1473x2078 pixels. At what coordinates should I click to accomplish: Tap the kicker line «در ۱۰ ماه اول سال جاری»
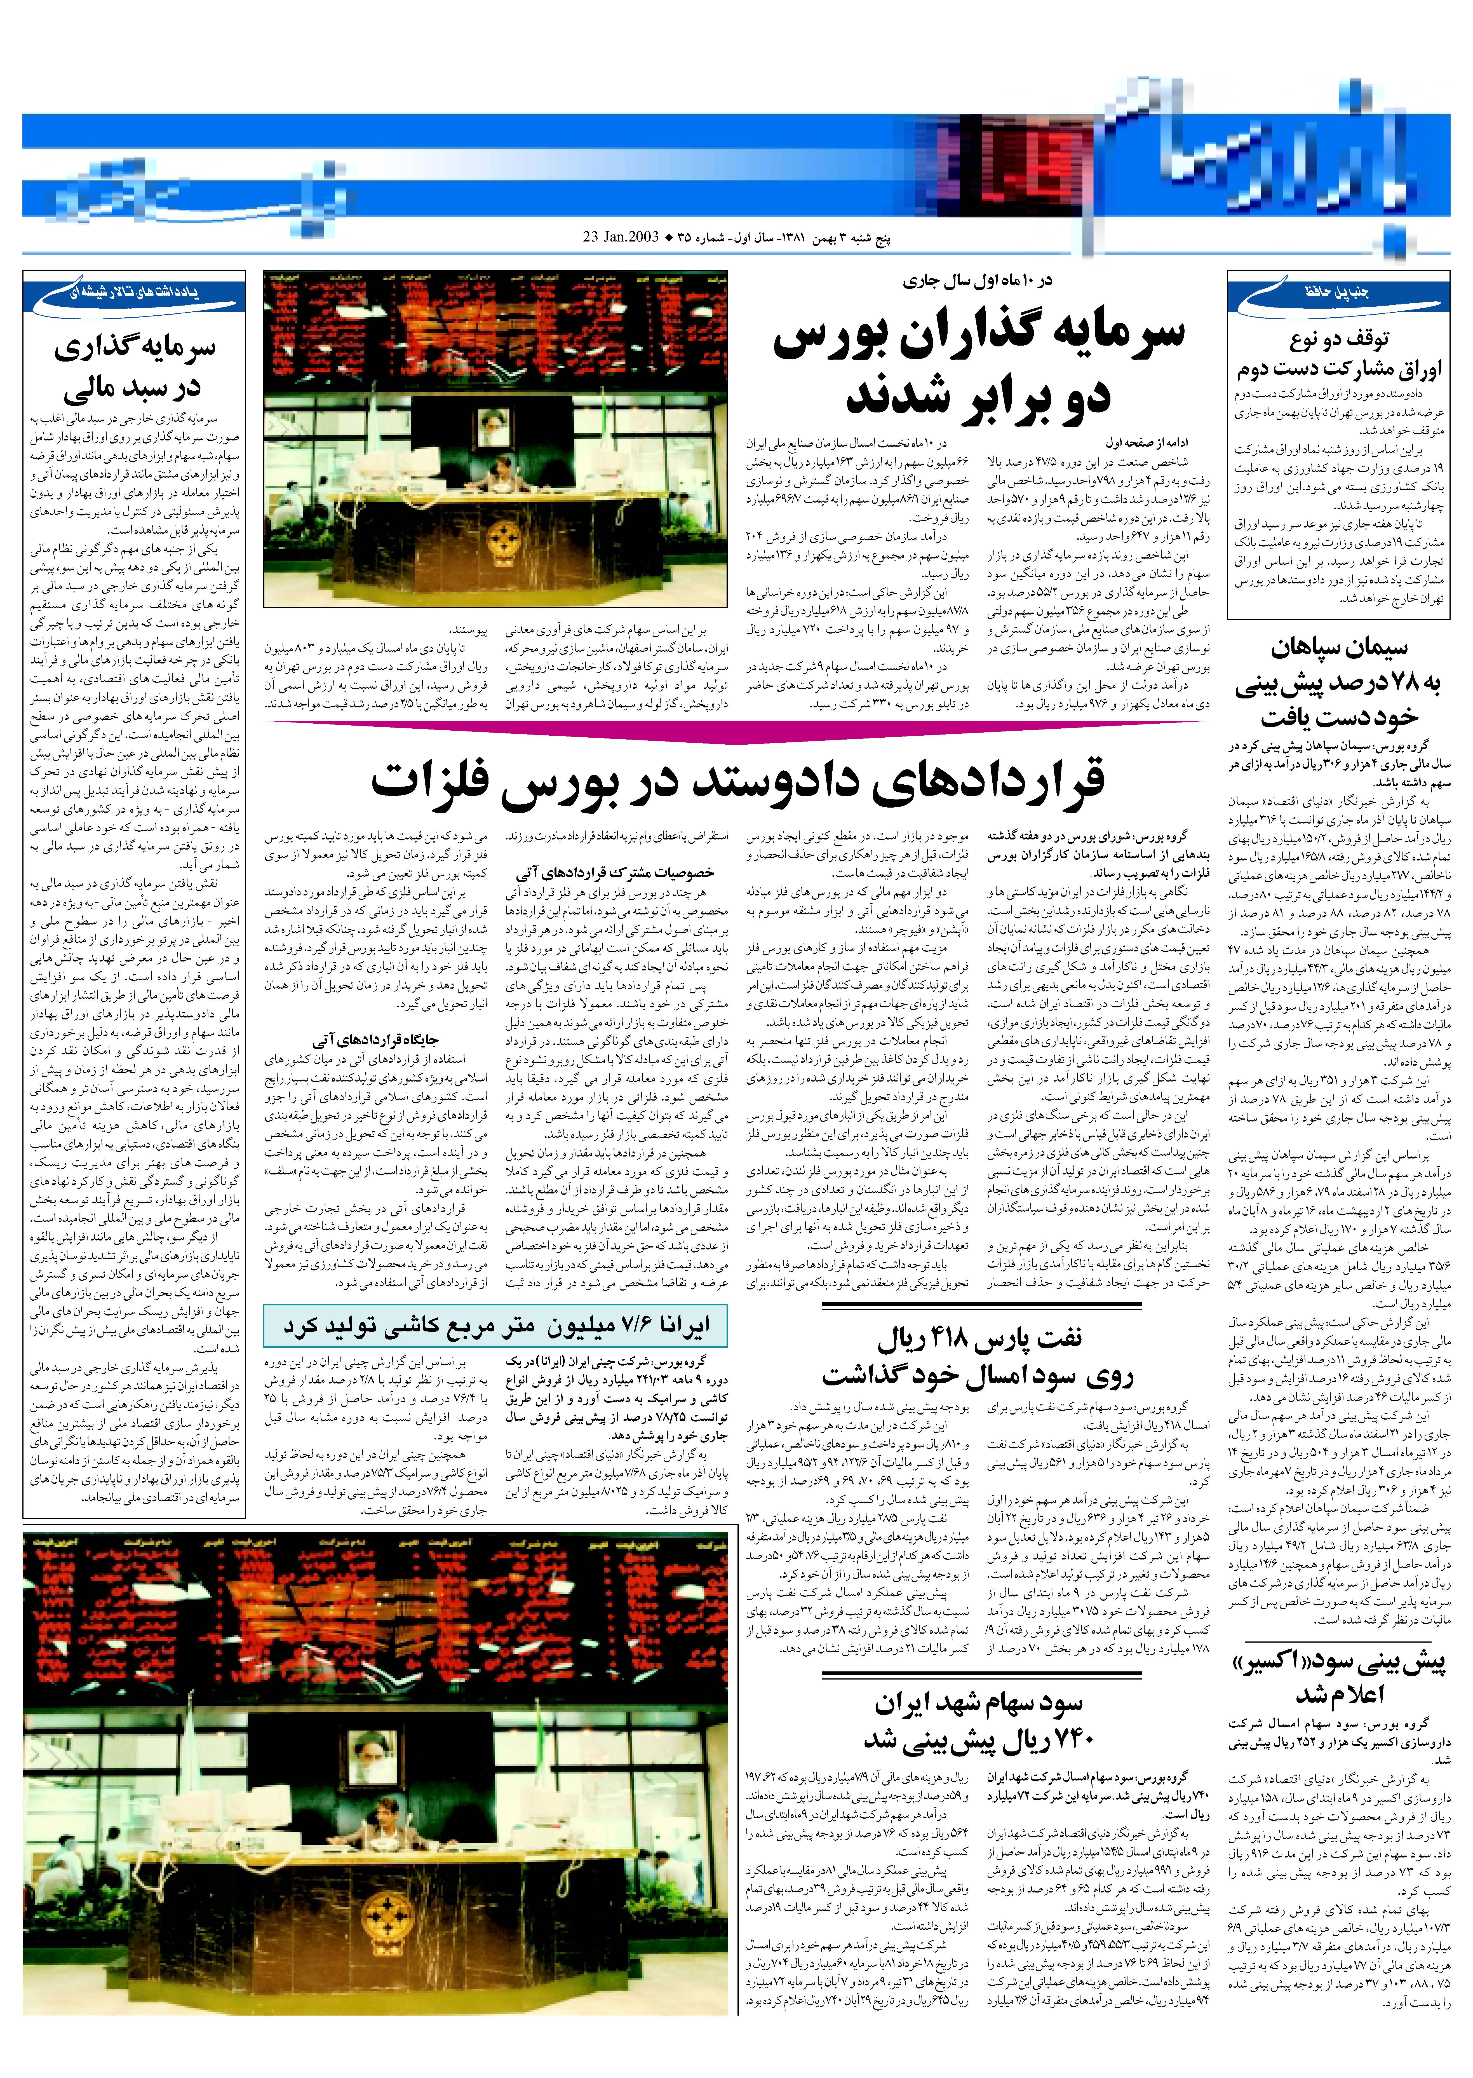[x=978, y=280]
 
